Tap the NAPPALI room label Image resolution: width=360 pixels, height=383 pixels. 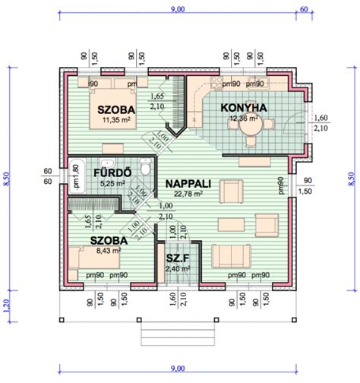[189, 183]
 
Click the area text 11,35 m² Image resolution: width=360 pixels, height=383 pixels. [115, 119]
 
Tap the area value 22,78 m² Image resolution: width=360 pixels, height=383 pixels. [188, 194]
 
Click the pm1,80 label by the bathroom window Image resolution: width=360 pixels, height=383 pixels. [75, 176]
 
